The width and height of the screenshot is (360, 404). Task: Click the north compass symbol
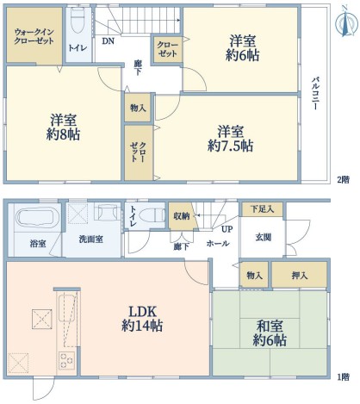(x=346, y=22)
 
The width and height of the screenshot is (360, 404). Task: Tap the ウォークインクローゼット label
(x=34, y=36)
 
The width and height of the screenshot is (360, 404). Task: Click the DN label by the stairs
(x=109, y=41)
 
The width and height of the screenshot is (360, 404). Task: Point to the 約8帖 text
(x=63, y=134)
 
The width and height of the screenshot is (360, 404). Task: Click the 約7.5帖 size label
(x=231, y=146)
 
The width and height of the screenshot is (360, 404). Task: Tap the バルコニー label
(x=315, y=94)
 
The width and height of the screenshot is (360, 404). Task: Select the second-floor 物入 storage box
(x=138, y=108)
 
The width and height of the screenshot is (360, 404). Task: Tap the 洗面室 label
(x=91, y=239)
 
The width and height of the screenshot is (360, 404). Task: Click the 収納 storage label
(x=181, y=216)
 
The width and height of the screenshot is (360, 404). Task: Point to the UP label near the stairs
(x=227, y=229)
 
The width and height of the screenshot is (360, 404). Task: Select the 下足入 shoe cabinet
(x=263, y=209)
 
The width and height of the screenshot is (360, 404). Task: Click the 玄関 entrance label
(x=263, y=238)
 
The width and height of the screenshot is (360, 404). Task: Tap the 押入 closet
(x=300, y=274)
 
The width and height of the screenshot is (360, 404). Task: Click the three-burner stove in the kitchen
(x=67, y=360)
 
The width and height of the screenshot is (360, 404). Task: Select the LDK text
(x=142, y=312)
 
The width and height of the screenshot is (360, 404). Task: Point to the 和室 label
(x=270, y=326)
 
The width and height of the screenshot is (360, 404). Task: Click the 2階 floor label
(x=343, y=180)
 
